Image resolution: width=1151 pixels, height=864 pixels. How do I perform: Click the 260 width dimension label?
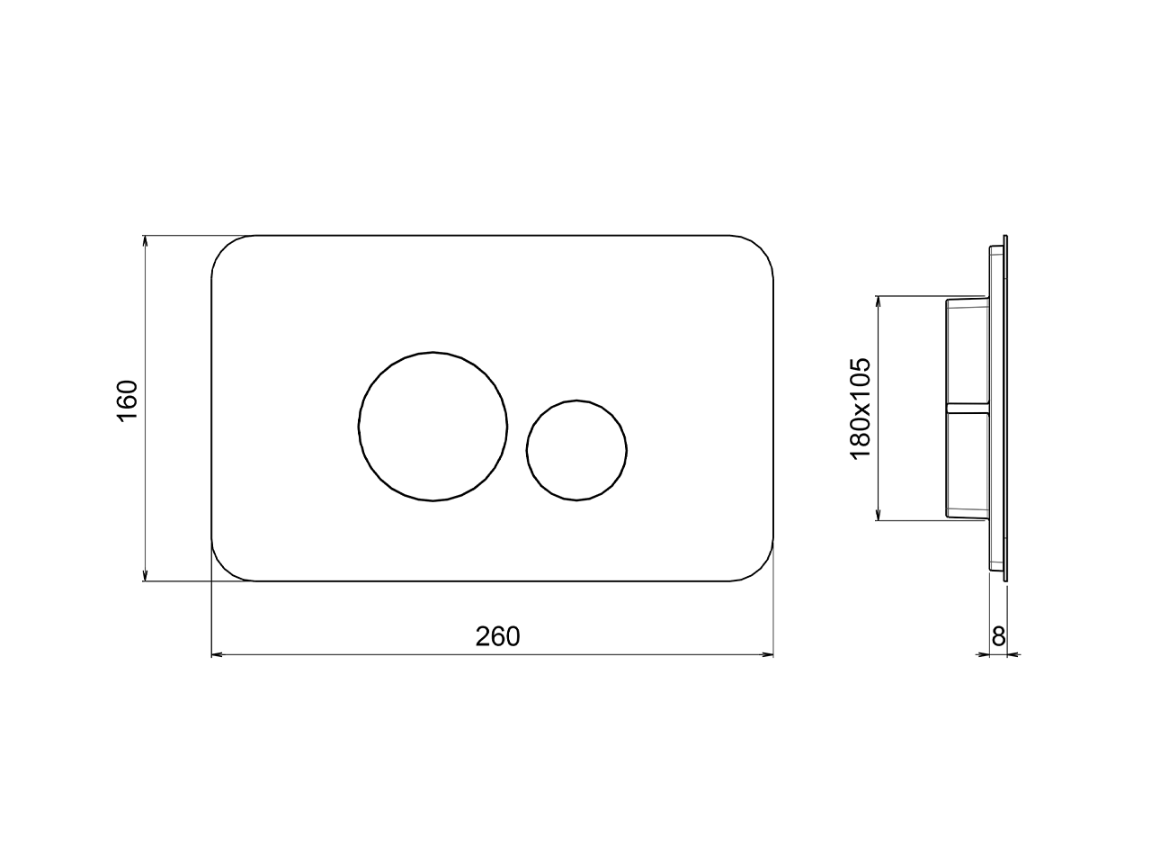(x=497, y=636)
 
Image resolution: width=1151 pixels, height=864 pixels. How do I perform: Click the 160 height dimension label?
(x=127, y=400)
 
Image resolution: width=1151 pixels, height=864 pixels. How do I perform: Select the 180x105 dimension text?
(x=860, y=409)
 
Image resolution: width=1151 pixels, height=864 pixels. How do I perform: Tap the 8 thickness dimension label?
(x=997, y=636)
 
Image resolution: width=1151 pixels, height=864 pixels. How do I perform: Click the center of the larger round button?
(x=433, y=426)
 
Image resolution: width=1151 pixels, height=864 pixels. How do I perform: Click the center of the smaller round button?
(x=576, y=450)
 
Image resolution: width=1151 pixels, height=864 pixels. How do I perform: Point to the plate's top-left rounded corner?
(x=225, y=248)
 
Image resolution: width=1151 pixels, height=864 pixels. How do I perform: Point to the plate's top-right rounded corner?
(x=760, y=248)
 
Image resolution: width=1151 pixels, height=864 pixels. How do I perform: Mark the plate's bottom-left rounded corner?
(x=225, y=568)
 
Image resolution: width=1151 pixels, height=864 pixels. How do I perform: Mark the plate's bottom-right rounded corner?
(x=760, y=568)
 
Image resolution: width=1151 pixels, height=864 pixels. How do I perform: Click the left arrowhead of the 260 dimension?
(x=216, y=654)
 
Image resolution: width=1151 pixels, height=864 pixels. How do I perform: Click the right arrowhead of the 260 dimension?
(x=769, y=654)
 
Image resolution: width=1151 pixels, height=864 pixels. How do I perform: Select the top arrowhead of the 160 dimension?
(x=145, y=240)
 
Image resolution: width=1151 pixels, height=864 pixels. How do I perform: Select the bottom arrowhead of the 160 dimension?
(x=145, y=576)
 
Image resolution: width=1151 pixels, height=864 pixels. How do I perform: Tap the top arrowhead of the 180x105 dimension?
(x=877, y=301)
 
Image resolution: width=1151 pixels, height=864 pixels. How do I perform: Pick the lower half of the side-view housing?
(x=967, y=463)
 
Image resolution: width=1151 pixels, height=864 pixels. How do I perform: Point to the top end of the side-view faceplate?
(x=1005, y=239)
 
